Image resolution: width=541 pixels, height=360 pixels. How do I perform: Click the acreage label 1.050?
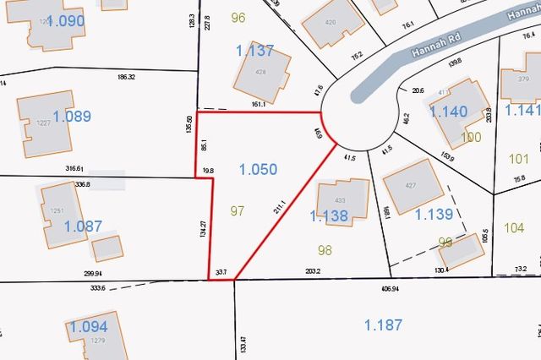click(x=258, y=169)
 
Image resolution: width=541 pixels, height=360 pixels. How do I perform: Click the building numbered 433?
click(x=342, y=201)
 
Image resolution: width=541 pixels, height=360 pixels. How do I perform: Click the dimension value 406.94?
click(x=390, y=288)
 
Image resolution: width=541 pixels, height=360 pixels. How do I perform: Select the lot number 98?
click(x=325, y=249)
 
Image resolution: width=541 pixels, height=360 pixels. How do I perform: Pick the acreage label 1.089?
click(x=71, y=117)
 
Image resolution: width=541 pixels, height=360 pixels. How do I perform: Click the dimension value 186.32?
click(x=127, y=76)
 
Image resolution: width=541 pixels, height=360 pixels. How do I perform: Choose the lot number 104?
click(x=513, y=227)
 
